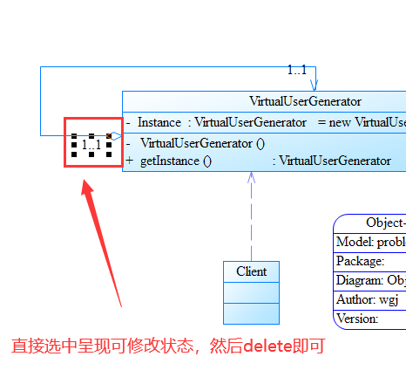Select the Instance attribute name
[159, 122]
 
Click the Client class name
[252, 271]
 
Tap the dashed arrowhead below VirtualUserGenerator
[252, 178]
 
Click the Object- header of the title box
[384, 222]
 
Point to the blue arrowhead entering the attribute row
[117, 136]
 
